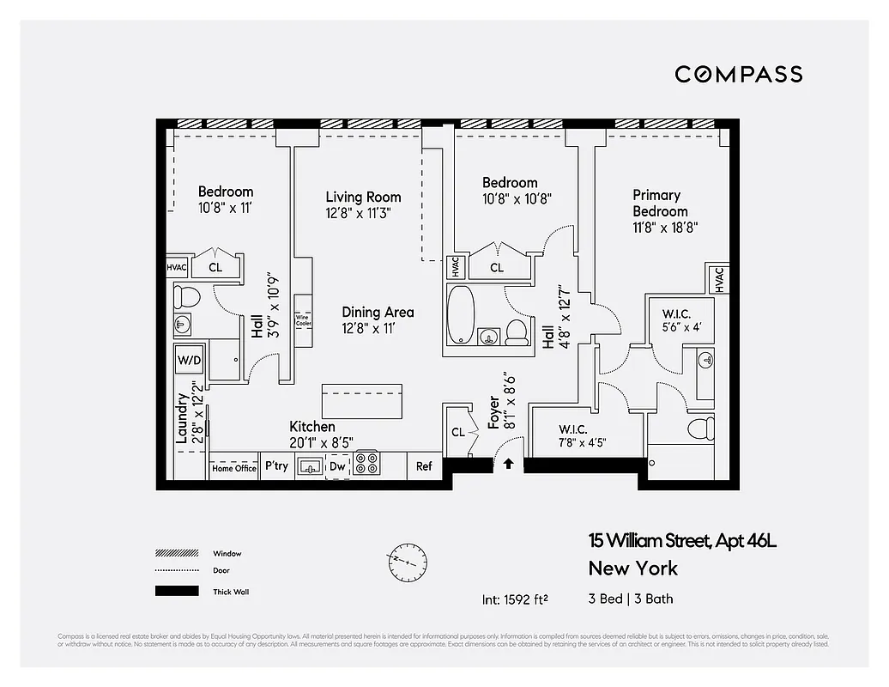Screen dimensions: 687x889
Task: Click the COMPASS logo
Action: point(738,74)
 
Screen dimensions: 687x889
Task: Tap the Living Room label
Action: point(363,197)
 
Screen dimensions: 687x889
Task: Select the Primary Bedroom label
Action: point(660,203)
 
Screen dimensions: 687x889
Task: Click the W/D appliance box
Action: point(189,361)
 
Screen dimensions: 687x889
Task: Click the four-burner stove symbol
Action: point(366,465)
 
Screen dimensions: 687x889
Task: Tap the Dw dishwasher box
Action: point(337,466)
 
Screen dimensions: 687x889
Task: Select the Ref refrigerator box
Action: point(424,466)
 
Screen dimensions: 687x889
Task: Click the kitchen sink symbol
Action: point(310,465)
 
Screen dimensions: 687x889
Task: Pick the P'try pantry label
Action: point(276,466)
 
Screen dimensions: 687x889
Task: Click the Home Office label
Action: point(234,468)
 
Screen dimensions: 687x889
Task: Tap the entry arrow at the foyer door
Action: point(508,464)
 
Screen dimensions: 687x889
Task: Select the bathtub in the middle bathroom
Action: point(459,317)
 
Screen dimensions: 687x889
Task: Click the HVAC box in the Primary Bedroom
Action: point(717,279)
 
